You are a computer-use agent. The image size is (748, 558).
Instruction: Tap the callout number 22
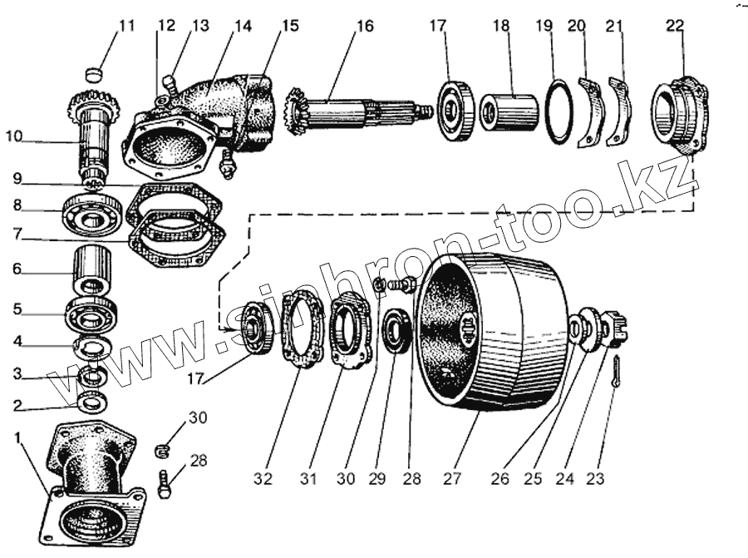(674, 26)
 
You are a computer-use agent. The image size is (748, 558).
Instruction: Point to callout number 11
(125, 26)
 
